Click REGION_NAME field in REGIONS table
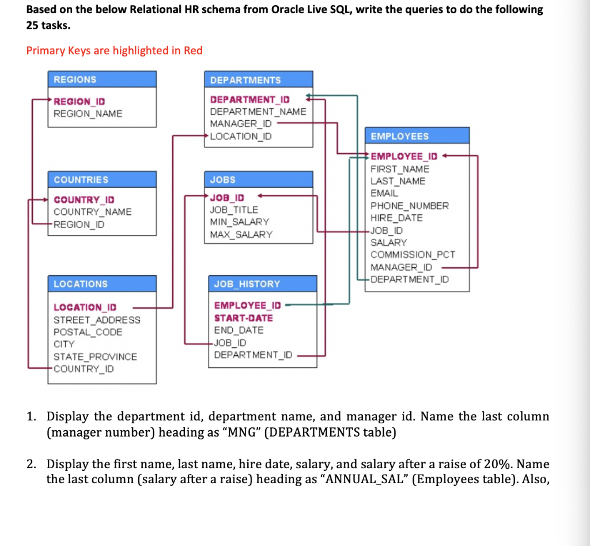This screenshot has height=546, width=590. click(88, 113)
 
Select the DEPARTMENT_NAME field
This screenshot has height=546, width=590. click(258, 112)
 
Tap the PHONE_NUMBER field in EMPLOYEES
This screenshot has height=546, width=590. click(409, 206)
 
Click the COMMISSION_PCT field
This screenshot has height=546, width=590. click(413, 255)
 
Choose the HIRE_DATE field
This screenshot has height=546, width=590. click(396, 218)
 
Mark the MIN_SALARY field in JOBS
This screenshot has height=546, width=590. click(239, 222)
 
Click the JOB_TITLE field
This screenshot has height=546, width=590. click(234, 210)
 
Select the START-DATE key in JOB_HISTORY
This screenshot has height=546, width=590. click(243, 318)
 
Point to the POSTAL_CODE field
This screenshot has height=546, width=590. click(88, 332)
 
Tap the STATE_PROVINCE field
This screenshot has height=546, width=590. click(95, 357)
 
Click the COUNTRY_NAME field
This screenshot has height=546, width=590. click(92, 212)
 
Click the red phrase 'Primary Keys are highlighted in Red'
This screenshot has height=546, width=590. click(115, 51)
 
